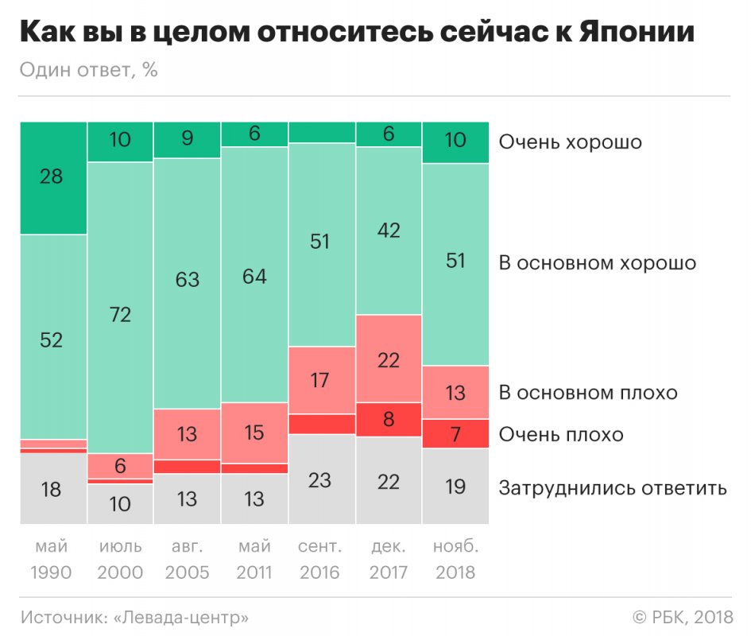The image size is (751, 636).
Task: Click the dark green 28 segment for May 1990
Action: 52,177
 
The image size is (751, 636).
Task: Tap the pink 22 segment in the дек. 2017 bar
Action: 389,359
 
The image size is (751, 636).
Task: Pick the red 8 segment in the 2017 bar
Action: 389,419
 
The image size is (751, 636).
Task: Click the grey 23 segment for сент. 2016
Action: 321,479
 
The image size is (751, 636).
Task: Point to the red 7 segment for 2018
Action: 455,433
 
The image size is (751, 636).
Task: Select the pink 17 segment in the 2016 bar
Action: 321,380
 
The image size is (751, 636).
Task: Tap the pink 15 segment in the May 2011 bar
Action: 254,432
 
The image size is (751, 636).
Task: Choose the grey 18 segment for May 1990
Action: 52,489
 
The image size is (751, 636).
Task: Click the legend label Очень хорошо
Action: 570,143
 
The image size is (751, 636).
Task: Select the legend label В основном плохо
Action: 588,393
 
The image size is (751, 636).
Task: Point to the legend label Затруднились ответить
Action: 612,487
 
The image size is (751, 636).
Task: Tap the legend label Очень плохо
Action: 561,435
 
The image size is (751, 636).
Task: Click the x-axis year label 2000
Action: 119,572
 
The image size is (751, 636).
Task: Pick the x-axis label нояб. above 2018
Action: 455,547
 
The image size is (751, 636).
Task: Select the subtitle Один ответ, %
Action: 88,70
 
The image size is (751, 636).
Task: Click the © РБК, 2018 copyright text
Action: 680,617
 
